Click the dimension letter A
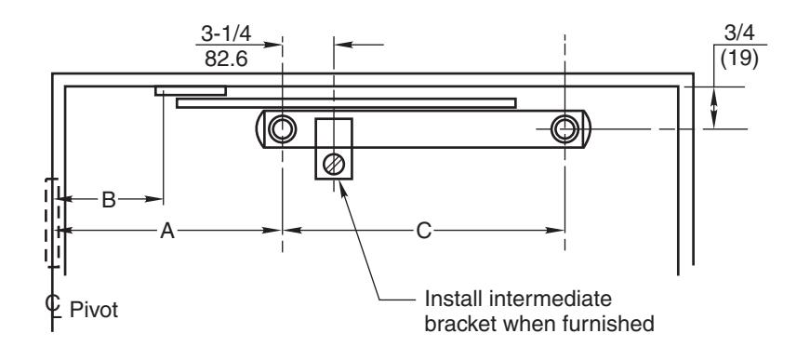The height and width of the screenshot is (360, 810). tap(166, 231)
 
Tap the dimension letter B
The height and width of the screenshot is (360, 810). tap(109, 200)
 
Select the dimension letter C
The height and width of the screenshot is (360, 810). tap(423, 231)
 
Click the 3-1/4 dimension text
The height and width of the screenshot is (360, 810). tap(226, 34)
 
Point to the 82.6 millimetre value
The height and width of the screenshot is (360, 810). tap(226, 59)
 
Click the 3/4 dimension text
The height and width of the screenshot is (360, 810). tap(739, 33)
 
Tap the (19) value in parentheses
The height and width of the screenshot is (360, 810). tap(739, 59)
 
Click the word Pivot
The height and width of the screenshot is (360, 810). tap(94, 310)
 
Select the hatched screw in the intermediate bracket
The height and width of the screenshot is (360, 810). tap(334, 165)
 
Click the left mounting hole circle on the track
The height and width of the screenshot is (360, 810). tap(282, 128)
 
